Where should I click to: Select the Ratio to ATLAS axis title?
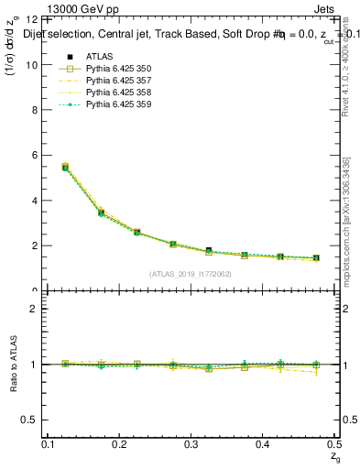coord(15,365)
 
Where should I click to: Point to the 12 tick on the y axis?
coord(35,19)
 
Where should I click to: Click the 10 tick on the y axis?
coord(35,64)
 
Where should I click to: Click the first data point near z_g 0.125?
coord(65,168)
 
